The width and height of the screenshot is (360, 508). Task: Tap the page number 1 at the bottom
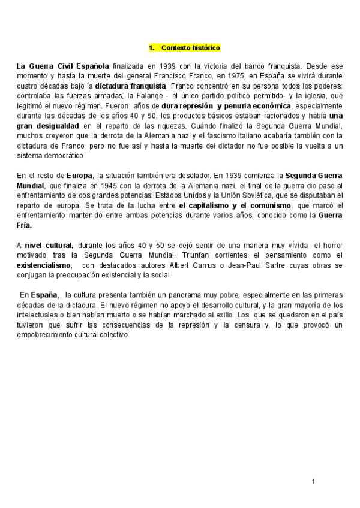click(313, 482)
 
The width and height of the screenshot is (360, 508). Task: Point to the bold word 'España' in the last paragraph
click(44, 295)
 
